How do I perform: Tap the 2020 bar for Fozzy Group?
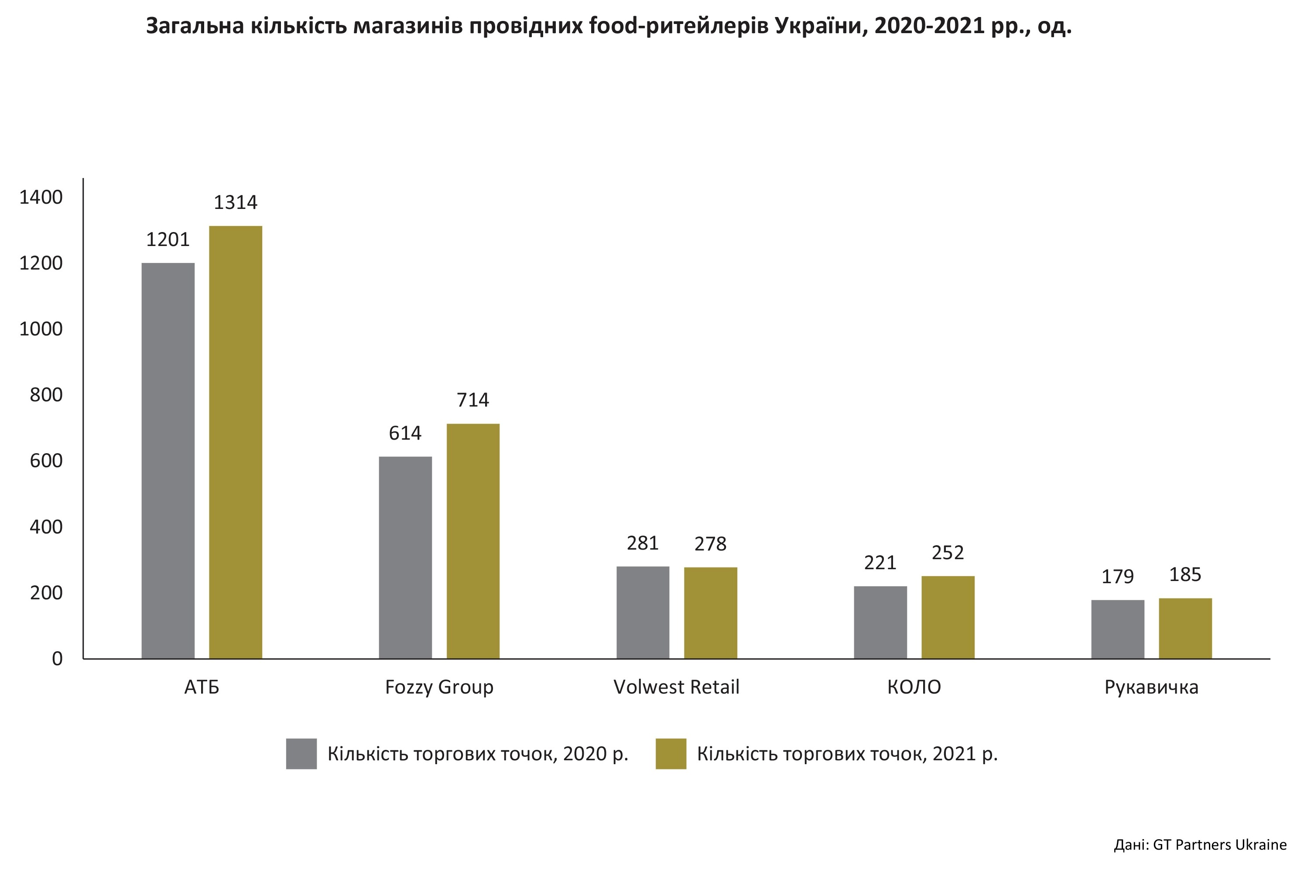tap(405, 557)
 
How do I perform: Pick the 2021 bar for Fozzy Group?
tap(473, 541)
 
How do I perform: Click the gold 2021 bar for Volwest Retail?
tap(711, 613)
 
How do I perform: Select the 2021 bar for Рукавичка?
tap(1185, 629)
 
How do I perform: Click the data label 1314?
tap(236, 202)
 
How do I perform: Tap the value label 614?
tap(405, 433)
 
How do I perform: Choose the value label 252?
tap(948, 553)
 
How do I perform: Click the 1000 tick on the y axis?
tap(41, 329)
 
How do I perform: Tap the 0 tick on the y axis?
tap(57, 659)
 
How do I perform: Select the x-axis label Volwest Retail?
tap(676, 687)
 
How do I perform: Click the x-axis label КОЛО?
tap(914, 687)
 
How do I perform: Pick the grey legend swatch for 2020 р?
tap(301, 754)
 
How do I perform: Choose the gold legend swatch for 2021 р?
tap(671, 754)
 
